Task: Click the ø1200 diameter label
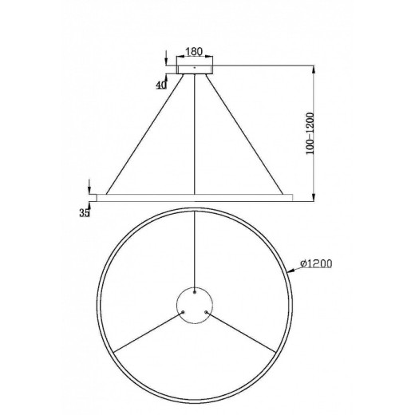317,263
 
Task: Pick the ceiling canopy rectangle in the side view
195,69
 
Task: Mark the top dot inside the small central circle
195,292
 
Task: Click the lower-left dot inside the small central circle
183,313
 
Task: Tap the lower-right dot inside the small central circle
206,313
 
